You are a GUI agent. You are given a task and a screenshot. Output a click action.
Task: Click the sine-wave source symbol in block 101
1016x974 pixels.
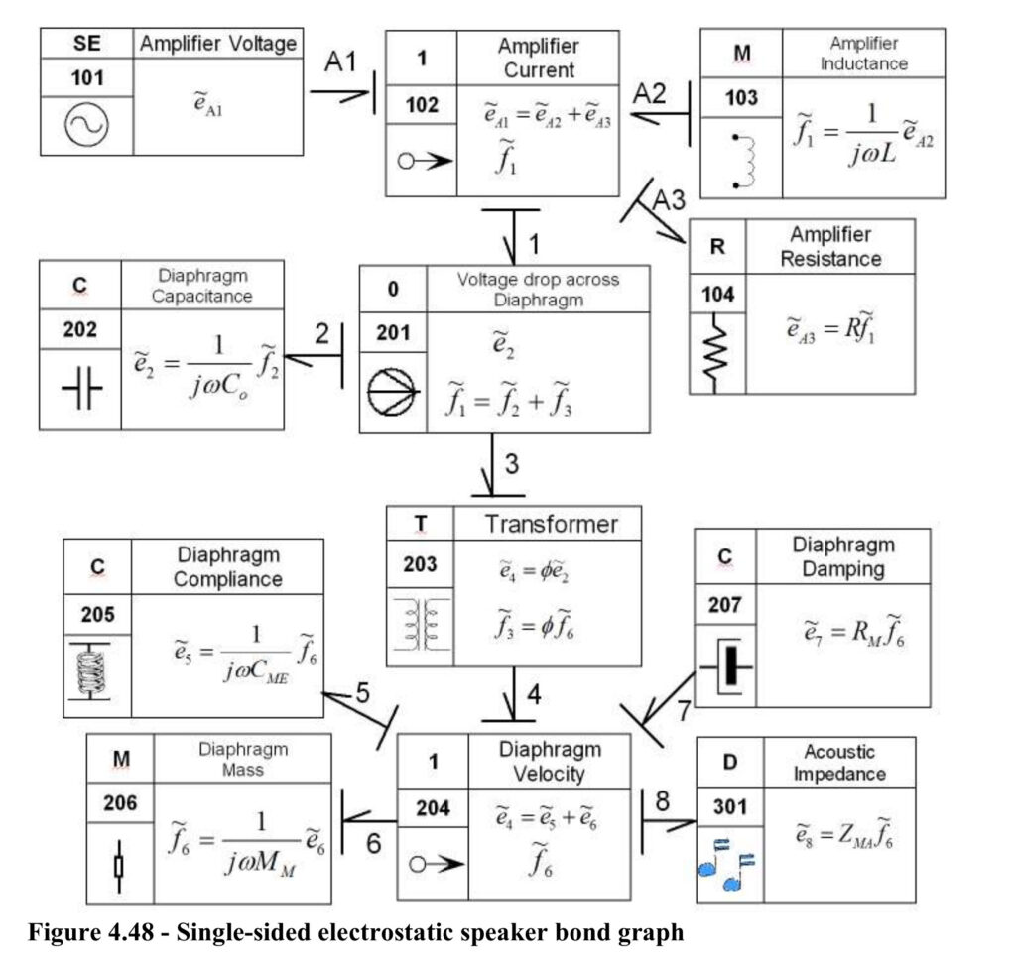[x=86, y=125]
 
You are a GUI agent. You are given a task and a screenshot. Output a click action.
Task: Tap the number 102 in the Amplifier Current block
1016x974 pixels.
[x=422, y=105]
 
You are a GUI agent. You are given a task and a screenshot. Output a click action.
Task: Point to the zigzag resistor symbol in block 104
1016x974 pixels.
[x=715, y=353]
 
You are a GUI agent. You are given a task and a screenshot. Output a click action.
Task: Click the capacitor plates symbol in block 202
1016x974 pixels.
[x=81, y=388]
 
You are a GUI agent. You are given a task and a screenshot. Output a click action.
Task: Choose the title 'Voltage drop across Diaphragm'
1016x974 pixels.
[x=539, y=290]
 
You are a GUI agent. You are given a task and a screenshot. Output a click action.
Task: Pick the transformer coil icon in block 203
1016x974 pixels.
[x=421, y=624]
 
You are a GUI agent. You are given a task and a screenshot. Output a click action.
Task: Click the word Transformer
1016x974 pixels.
[x=552, y=524]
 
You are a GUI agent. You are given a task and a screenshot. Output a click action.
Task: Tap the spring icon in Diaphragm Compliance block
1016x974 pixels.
[x=90, y=671]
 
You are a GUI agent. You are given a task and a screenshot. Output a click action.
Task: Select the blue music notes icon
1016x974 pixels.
[x=726, y=865]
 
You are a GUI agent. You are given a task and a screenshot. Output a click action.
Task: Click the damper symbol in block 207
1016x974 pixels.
[x=728, y=666]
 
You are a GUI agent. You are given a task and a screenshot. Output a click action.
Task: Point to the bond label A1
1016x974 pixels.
[x=341, y=61]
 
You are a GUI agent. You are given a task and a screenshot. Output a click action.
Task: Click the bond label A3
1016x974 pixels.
[x=669, y=199]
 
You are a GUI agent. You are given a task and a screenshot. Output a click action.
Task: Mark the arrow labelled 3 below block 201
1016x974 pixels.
[x=492, y=465]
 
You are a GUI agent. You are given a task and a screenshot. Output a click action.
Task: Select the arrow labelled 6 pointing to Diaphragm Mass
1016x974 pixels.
[x=369, y=821]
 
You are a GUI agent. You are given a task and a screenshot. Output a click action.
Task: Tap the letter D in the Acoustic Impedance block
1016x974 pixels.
[x=729, y=762]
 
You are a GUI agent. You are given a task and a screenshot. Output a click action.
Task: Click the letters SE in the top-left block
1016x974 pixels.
[x=87, y=43]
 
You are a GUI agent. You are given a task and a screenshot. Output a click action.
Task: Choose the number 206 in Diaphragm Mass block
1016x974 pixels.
[x=120, y=803]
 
